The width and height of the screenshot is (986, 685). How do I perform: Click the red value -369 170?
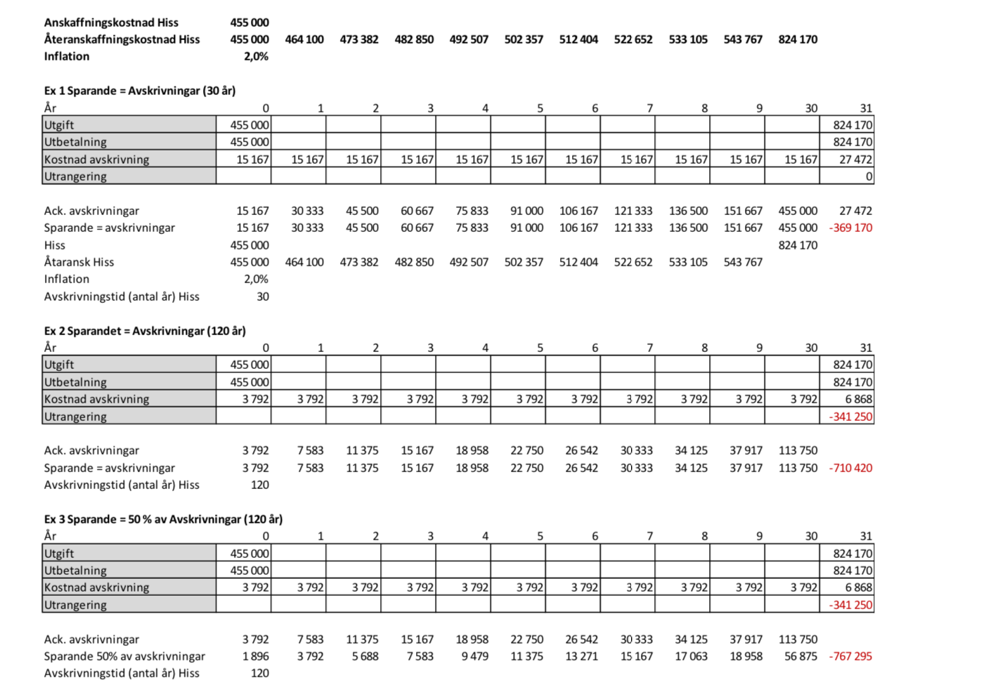pyautogui.click(x=850, y=228)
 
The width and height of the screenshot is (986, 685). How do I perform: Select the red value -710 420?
pyautogui.click(x=850, y=468)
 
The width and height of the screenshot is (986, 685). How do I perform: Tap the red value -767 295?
pyautogui.click(x=850, y=656)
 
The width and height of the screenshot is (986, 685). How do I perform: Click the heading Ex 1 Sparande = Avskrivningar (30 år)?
pyautogui.click(x=140, y=91)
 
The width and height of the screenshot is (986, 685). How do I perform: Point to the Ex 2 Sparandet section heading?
pyautogui.click(x=145, y=331)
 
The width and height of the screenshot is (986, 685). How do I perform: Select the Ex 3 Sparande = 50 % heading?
pyautogui.click(x=163, y=519)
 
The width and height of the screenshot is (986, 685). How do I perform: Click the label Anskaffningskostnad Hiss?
pyautogui.click(x=111, y=22)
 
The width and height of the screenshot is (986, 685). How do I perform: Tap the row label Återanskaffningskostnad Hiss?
pyautogui.click(x=122, y=39)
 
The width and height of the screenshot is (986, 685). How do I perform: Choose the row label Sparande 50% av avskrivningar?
pyautogui.click(x=124, y=656)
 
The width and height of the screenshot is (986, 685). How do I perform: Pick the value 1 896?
pyautogui.click(x=256, y=656)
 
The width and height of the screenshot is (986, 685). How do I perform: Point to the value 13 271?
pyautogui.click(x=581, y=656)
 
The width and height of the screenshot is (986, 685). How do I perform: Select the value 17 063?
pyautogui.click(x=691, y=656)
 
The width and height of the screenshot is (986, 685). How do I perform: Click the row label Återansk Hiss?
pyautogui.click(x=79, y=262)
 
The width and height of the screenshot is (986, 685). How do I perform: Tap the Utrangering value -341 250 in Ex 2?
pyautogui.click(x=850, y=417)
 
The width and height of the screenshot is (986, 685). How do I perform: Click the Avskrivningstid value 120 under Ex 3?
pyautogui.click(x=260, y=673)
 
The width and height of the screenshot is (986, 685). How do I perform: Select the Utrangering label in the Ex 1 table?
pyautogui.click(x=75, y=176)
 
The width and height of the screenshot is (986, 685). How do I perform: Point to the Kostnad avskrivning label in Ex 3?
pyautogui.click(x=96, y=587)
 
